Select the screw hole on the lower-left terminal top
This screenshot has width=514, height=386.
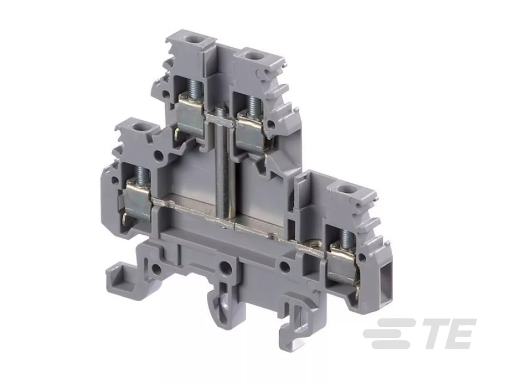[x=136, y=128]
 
